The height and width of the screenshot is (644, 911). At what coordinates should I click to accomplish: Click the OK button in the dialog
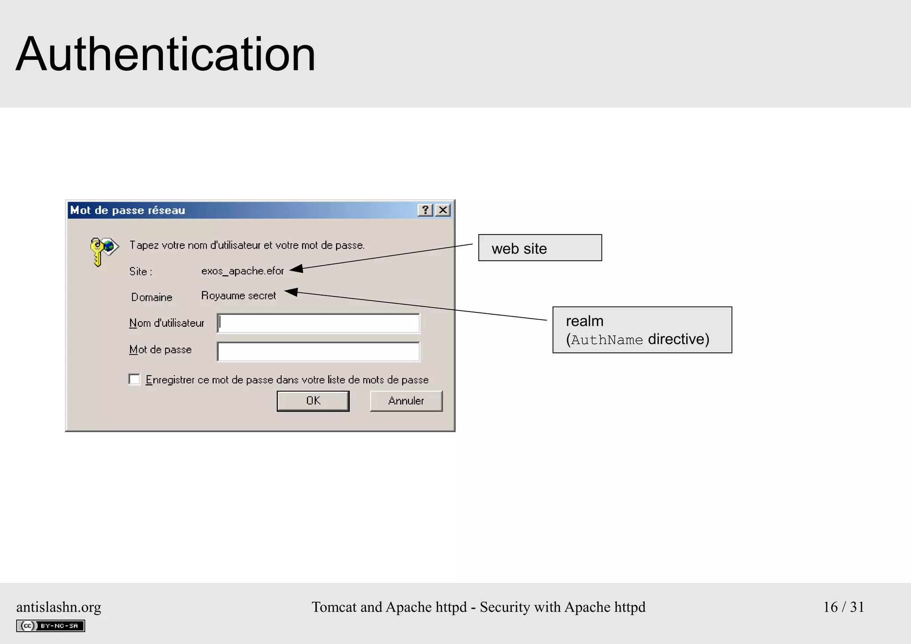coord(313,401)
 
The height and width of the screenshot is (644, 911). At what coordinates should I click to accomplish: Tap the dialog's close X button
coord(443,210)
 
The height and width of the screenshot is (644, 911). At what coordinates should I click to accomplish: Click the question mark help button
coord(425,210)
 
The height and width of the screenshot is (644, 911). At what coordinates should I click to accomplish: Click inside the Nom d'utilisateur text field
coord(318,324)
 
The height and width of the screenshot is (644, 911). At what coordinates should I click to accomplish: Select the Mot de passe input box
coord(318,352)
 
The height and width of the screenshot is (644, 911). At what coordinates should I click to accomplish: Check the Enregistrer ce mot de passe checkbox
coord(134,379)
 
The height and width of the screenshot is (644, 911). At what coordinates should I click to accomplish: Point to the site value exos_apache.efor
coord(242,271)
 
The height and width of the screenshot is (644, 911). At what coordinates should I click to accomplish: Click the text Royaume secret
coord(238,296)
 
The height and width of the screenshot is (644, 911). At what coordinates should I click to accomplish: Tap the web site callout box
coord(540,248)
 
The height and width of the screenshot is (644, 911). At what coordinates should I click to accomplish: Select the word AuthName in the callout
coord(607,340)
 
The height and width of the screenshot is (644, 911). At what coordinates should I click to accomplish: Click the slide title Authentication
coord(165,54)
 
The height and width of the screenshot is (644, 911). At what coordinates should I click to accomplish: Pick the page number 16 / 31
coord(843,607)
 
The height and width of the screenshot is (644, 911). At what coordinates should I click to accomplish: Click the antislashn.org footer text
coord(59,607)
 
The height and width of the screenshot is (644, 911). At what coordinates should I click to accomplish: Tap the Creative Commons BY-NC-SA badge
coord(51,626)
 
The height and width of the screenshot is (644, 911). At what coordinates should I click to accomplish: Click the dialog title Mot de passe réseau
coord(128,211)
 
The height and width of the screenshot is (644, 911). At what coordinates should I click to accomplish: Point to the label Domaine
coord(152,297)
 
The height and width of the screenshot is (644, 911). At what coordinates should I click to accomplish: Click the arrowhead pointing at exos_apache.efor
coord(297,268)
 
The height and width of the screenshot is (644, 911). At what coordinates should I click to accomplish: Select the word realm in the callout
coord(584,321)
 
